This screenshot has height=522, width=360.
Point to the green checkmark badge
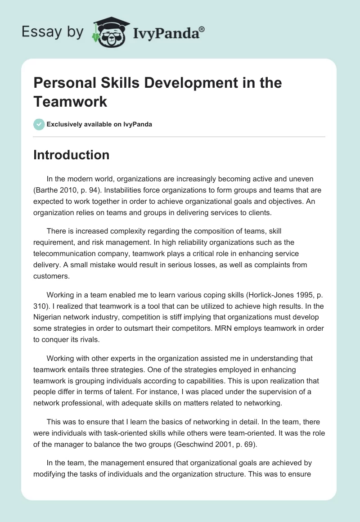click(x=39, y=124)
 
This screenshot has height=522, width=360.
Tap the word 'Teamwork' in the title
click(x=70, y=101)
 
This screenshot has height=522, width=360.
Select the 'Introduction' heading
click(x=72, y=155)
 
